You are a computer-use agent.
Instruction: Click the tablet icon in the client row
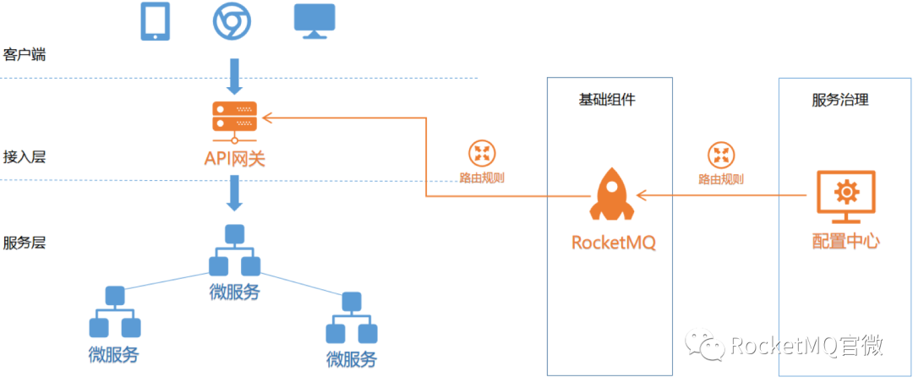pyautogui.click(x=156, y=22)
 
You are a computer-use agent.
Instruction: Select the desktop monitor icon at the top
pyautogui.click(x=314, y=22)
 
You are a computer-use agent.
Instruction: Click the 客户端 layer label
pyautogui.click(x=24, y=56)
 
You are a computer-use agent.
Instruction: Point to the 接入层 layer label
pyautogui.click(x=24, y=157)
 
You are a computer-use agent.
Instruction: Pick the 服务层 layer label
pyautogui.click(x=24, y=243)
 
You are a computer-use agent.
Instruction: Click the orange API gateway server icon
pyautogui.click(x=234, y=118)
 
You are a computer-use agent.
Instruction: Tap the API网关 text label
pyautogui.click(x=234, y=157)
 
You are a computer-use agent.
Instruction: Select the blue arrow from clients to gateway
pyautogui.click(x=234, y=76)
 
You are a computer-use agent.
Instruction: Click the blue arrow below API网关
pyautogui.click(x=234, y=194)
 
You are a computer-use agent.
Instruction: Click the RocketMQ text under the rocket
pyautogui.click(x=614, y=242)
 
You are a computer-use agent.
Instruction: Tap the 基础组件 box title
pyautogui.click(x=607, y=100)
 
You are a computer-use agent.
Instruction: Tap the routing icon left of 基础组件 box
pyautogui.click(x=482, y=153)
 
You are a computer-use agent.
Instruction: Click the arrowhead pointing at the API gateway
pyautogui.click(x=267, y=118)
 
